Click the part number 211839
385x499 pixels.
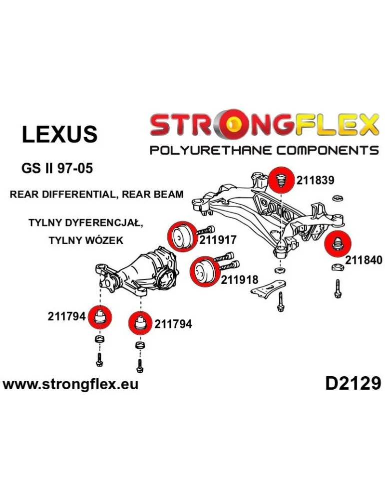pos(315,180)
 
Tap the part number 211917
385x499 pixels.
pos(218,240)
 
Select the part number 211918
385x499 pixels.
pos(240,280)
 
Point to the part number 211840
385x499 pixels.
pos(364,260)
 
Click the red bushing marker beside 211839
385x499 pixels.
pos(281,180)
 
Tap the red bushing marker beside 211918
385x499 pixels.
pos(204,271)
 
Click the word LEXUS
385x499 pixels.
pos(59,134)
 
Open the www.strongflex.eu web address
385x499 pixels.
pos(70,384)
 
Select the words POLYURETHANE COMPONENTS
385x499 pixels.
pos(264,150)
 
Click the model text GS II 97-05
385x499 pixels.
pos(57,168)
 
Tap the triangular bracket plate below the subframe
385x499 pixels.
pos(268,288)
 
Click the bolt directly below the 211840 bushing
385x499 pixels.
pos(337,288)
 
